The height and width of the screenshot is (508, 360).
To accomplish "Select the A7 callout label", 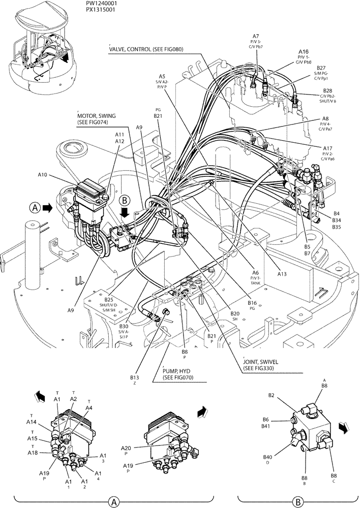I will [x=256, y=36].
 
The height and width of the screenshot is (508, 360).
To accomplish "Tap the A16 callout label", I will [x=303, y=52].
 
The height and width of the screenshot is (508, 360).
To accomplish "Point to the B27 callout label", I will [x=321, y=68].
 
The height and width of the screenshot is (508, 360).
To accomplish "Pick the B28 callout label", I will [x=328, y=90].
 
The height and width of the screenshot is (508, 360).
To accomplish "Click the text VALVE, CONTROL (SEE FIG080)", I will [x=146, y=49].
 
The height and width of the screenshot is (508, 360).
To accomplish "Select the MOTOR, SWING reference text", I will [x=94, y=116].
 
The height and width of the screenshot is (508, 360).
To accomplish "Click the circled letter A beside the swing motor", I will [x=35, y=207].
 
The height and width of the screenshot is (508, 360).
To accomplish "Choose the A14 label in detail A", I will [x=32, y=422].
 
